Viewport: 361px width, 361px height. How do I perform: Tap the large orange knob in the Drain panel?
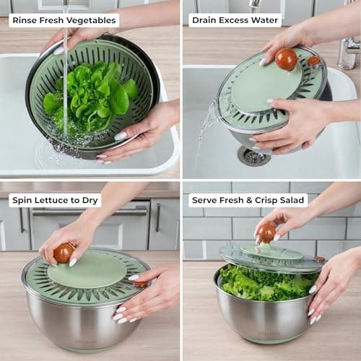tap(286, 59)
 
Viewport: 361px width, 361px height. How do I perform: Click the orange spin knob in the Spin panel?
tap(64, 253)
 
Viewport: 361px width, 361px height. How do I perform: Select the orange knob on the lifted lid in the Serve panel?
tap(267, 233)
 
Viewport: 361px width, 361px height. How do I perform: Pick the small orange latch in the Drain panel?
tap(313, 61)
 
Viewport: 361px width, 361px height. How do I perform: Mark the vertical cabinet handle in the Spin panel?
tap(158, 217)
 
